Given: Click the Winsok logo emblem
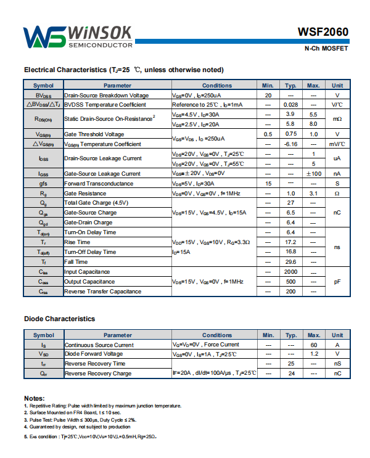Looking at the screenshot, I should (44, 38).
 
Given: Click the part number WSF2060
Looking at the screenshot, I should (323, 32).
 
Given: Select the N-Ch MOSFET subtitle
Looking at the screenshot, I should (326, 49).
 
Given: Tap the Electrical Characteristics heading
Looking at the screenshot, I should (123, 70).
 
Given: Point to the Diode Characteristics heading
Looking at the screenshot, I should (59, 319).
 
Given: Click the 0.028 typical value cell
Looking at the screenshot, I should (291, 105).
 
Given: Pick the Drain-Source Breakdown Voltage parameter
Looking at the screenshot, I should (106, 96).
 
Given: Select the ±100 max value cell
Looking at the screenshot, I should (313, 174).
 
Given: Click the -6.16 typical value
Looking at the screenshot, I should (291, 144).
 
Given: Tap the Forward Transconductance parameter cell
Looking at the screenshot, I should (99, 184).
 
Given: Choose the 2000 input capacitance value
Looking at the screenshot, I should (291, 272).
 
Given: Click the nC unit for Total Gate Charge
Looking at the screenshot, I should (337, 213).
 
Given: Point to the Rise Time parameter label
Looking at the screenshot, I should (77, 242).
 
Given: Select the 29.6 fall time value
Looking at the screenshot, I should (291, 262).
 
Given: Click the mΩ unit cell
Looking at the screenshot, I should (337, 119).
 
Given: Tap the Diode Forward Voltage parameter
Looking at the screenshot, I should (94, 354).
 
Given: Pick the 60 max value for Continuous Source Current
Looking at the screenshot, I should (313, 345).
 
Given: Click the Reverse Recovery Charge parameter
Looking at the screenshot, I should (98, 374).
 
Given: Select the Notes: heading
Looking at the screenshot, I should (35, 398).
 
